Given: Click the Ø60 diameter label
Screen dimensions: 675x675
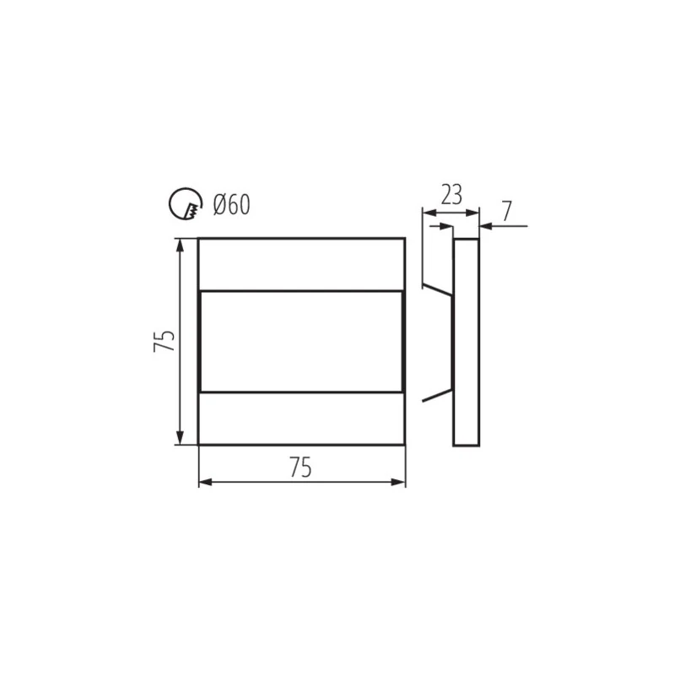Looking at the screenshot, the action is (231, 204).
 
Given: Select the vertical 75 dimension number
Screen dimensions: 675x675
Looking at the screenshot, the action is (164, 341).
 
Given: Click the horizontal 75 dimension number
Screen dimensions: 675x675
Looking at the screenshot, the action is (300, 467).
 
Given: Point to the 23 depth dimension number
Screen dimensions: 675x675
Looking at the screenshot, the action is (451, 195).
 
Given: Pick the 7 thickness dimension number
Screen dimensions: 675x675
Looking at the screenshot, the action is (507, 211).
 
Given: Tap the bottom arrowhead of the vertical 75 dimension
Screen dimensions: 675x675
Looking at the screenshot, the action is (181, 438).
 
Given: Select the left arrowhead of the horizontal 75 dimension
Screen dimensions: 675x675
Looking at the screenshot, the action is (205, 482).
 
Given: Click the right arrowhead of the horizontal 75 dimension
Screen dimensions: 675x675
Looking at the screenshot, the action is (398, 482).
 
